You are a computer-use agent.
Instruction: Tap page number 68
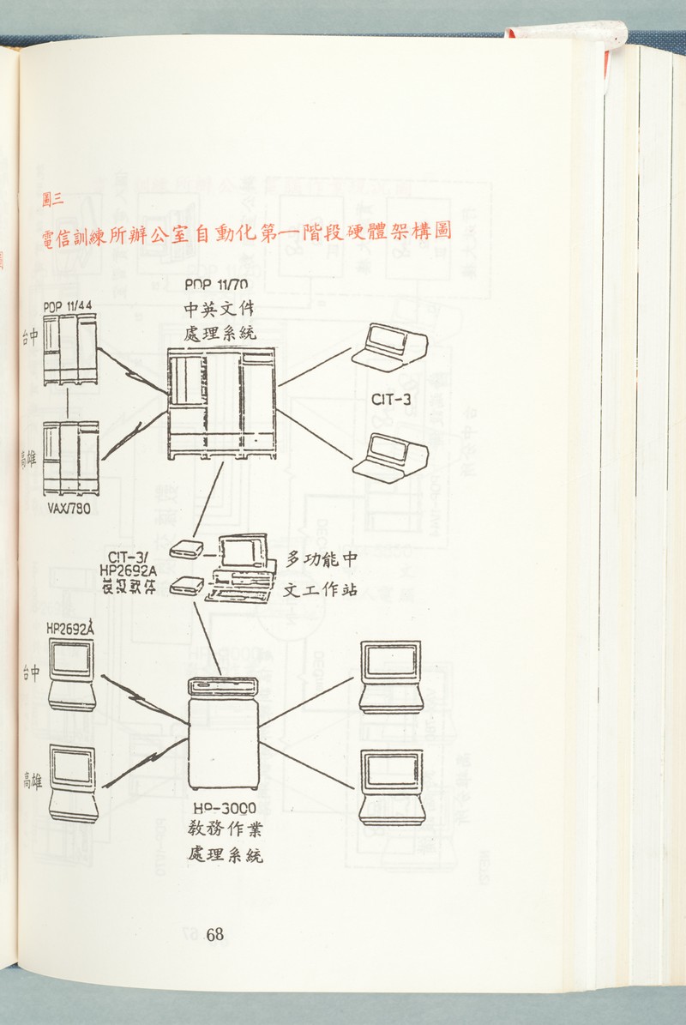point(214,934)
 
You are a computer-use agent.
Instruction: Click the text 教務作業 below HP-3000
point(223,829)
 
